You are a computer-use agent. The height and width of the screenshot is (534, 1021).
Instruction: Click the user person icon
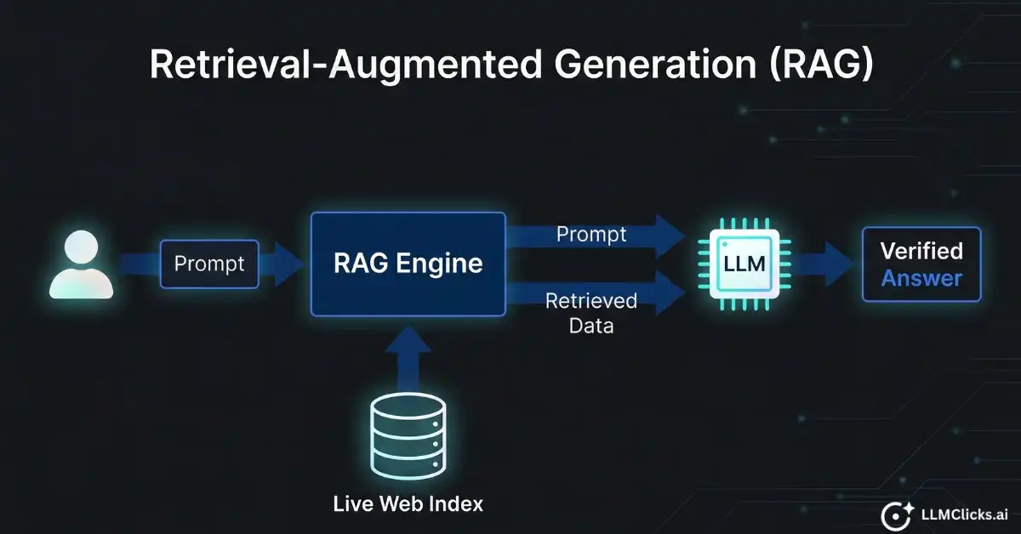coord(81,264)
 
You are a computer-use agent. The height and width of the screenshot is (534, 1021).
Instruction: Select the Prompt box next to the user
coord(209,264)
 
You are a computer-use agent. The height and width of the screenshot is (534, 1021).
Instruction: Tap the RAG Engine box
coord(408,264)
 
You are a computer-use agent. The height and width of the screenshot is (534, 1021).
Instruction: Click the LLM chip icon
coord(744,264)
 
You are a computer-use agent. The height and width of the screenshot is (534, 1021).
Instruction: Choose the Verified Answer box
coord(921,264)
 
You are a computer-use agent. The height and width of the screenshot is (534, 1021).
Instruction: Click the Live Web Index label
coord(408,503)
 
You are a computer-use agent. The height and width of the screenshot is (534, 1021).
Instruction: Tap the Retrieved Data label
coord(591,312)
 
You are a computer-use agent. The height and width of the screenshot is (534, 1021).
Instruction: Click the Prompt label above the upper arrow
coord(591,234)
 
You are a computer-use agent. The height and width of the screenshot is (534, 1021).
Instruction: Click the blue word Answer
coord(921,278)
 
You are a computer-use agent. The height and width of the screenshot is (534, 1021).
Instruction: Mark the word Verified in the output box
coord(921,251)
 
